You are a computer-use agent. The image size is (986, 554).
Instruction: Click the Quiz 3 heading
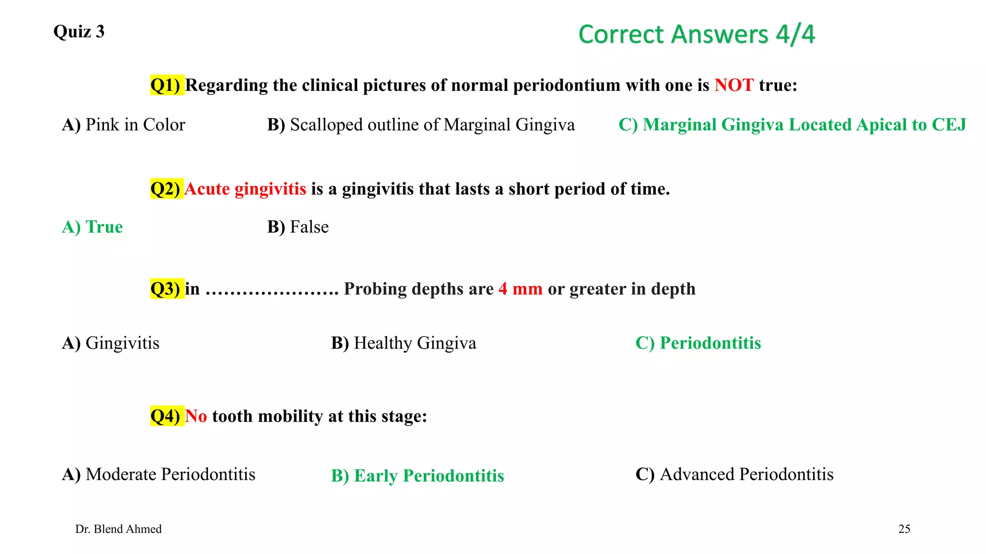tap(79, 32)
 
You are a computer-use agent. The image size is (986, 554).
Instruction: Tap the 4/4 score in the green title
tap(795, 35)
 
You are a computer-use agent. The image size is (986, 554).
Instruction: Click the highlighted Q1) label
tap(166, 85)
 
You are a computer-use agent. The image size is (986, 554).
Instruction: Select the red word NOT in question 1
tap(734, 85)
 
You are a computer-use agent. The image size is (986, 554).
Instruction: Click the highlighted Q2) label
tap(166, 189)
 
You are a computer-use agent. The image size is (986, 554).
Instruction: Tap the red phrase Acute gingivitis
tap(245, 189)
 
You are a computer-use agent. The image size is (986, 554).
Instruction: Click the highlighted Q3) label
tap(166, 289)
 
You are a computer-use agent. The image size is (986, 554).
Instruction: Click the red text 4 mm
tap(520, 289)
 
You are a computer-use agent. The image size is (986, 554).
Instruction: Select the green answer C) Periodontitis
tap(698, 343)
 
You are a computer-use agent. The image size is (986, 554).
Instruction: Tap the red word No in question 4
tap(196, 416)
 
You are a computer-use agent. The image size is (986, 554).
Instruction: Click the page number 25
tap(904, 529)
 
